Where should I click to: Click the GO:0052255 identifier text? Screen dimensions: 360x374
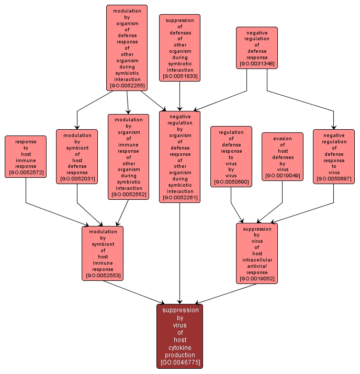127,86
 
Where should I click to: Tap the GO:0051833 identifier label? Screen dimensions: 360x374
180,76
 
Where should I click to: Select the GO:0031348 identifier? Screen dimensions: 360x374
257,64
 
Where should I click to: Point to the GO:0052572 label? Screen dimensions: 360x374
26,173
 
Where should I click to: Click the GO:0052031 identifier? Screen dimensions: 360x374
77,179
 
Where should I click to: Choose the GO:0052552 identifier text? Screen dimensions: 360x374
129,195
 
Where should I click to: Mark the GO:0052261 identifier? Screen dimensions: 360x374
180,198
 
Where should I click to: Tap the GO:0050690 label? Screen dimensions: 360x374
231,182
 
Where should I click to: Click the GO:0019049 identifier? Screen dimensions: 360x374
283,176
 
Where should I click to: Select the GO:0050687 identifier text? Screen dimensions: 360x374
334,179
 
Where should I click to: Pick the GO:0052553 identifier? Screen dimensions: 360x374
103,276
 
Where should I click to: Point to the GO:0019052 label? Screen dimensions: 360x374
257,279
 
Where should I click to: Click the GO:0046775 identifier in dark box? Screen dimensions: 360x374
181,362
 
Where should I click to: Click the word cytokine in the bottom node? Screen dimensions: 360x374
180,348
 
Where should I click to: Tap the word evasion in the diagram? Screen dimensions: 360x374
283,139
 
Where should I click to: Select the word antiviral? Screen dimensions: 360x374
257,266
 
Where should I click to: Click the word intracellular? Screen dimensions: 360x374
257,260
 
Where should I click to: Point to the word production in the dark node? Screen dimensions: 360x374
180,355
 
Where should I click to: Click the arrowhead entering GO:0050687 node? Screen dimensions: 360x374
334,127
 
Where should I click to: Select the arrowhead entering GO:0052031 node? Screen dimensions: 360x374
77,127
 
